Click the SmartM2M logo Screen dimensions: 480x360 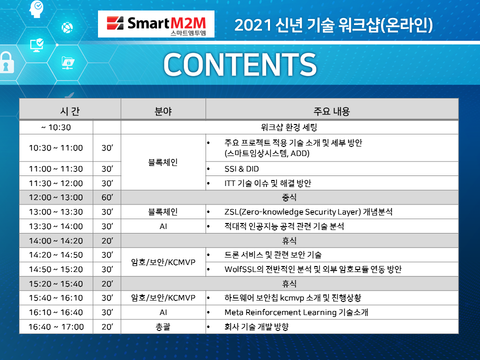[156, 24]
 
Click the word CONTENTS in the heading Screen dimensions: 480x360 [240, 64]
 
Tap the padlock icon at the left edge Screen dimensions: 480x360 [6, 62]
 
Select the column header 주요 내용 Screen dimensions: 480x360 [331, 111]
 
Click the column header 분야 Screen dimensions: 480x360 [163, 111]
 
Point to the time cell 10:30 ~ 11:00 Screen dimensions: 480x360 [55, 148]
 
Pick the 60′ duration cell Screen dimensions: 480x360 [107, 197]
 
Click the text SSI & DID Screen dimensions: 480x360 [241, 168]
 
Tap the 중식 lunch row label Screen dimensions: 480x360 [289, 197]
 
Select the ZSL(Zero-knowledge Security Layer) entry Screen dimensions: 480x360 [308, 212]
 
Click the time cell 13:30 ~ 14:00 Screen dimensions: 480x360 [55, 226]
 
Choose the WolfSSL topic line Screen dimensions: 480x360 [313, 269]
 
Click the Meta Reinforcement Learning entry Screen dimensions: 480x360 [296, 312]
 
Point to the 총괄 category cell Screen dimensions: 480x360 [163, 326]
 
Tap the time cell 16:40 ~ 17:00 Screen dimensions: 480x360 [56, 326]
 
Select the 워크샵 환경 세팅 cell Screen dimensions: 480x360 [289, 127]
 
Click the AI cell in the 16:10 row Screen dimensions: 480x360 [163, 312]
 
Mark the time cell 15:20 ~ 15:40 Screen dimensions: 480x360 [55, 284]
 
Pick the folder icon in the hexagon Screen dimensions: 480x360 [68, 63]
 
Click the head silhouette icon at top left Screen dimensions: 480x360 [36, 9]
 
